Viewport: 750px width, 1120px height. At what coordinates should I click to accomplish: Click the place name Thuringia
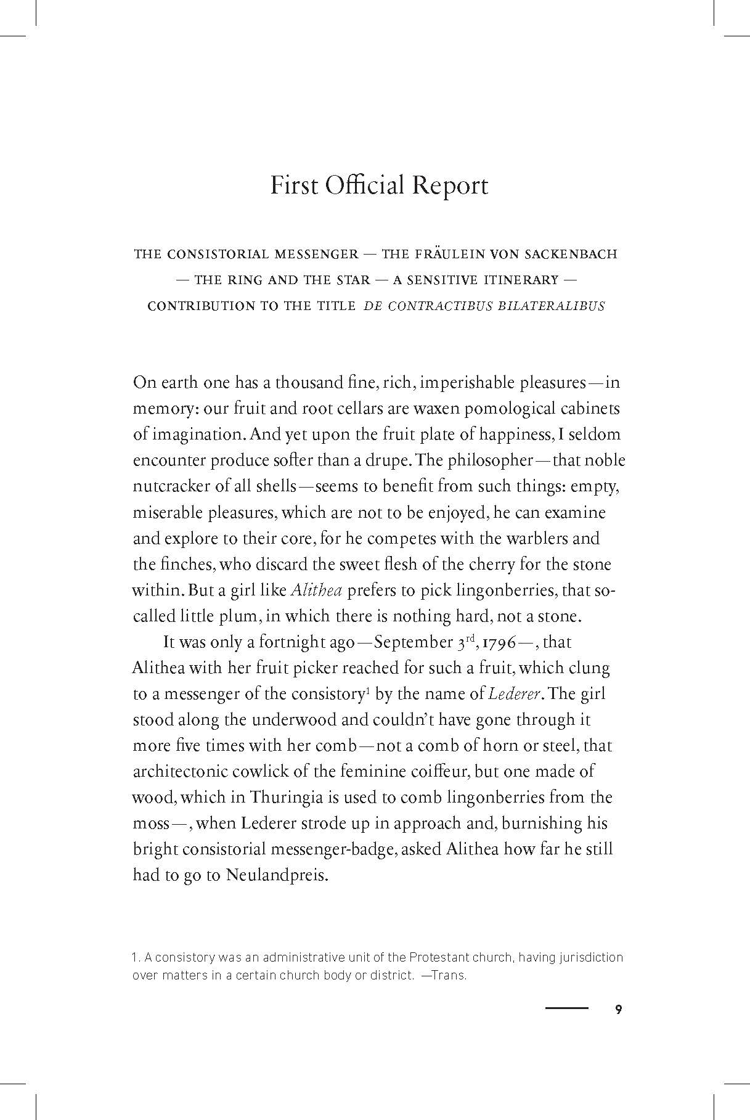286,798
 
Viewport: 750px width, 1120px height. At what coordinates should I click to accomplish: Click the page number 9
619,1010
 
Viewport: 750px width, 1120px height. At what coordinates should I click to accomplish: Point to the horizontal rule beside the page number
567,1009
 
